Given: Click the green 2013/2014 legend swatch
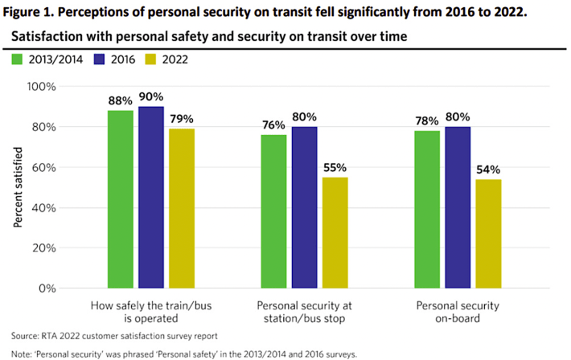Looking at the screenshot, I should (x=18, y=59).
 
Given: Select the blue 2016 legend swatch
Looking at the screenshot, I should (x=101, y=59).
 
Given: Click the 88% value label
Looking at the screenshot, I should (x=121, y=101).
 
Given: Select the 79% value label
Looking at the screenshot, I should (x=181, y=120).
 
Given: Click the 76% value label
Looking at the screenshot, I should (x=273, y=125).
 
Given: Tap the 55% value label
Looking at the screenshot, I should (x=334, y=168).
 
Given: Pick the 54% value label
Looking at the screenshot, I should (x=487, y=170).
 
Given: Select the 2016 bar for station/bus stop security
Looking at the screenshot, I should (x=305, y=207).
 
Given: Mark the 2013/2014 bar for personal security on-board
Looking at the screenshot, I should (x=427, y=209).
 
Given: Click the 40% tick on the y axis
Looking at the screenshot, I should (x=42, y=207).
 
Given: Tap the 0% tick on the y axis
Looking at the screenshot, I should (x=45, y=288).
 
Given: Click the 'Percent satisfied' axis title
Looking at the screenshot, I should (x=17, y=186).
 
